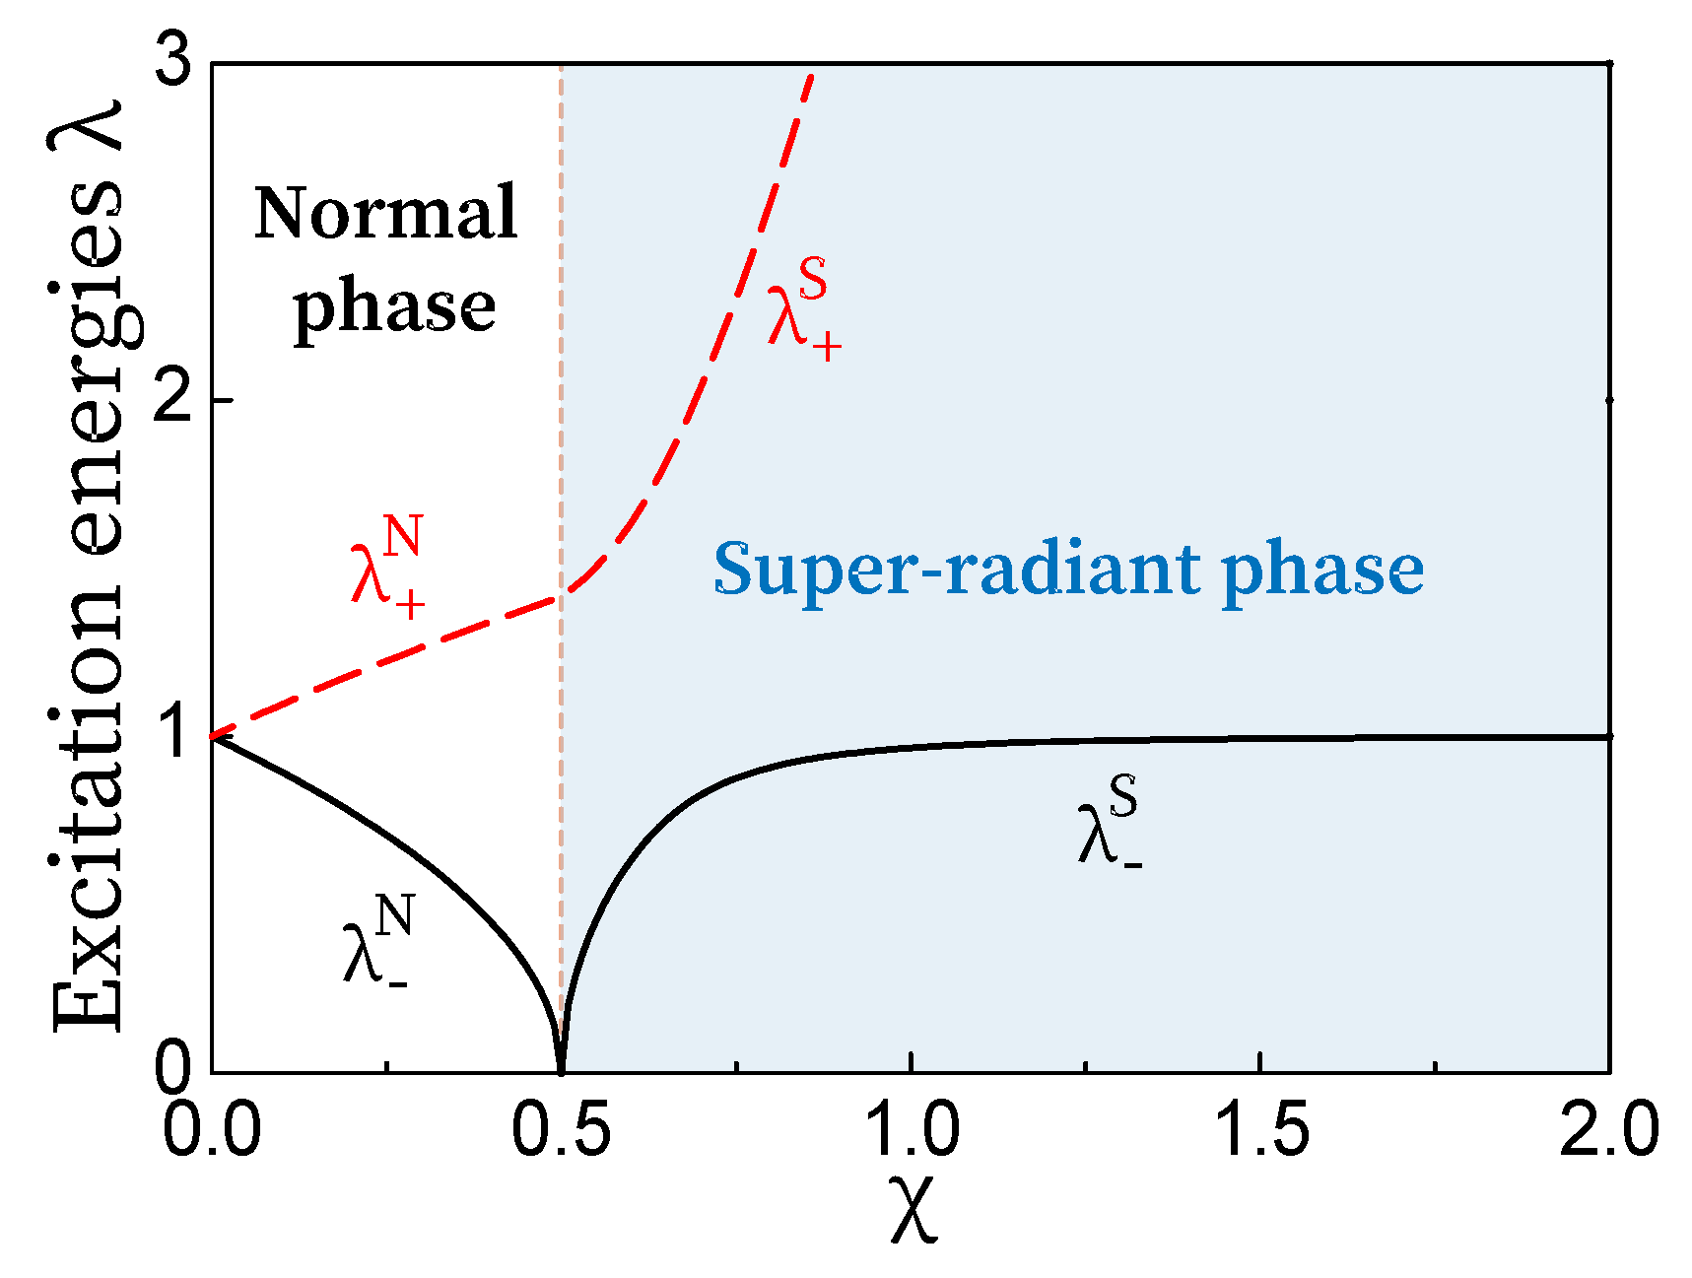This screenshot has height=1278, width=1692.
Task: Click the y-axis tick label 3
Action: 177,67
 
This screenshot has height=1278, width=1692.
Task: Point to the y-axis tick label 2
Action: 177,402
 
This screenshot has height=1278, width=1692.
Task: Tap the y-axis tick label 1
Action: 177,735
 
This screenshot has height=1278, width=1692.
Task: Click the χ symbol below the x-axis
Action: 914,1208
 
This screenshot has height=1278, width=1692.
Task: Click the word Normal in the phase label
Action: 386,213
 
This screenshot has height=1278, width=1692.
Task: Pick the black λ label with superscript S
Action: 1110,824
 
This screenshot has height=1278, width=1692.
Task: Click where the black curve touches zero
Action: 561,1071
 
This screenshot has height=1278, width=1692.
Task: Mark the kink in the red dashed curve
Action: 562,595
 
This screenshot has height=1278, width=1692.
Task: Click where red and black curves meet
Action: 214,736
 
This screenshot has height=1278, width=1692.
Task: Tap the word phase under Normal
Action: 395,307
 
